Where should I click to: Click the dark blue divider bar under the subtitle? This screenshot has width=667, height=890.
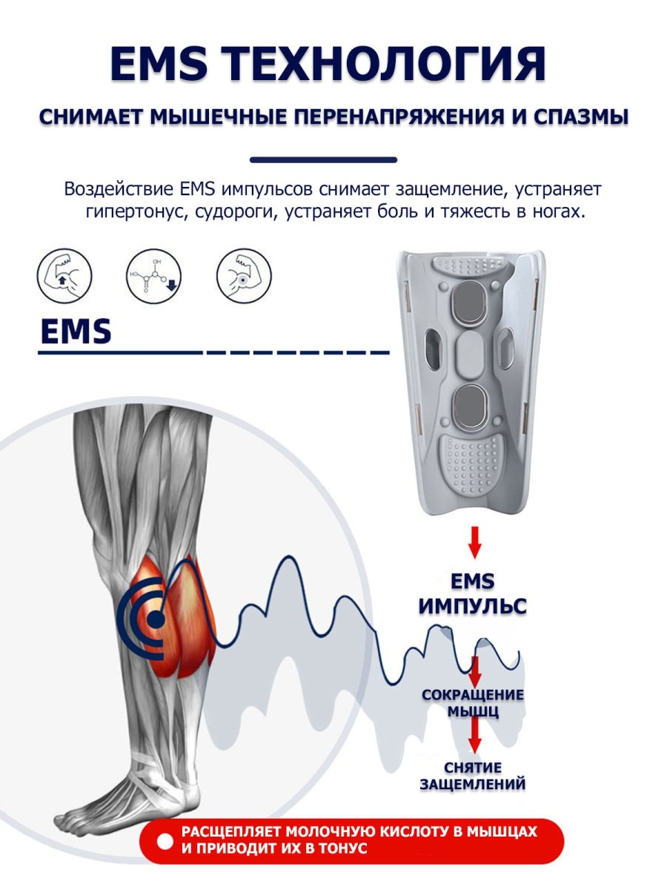point(323,159)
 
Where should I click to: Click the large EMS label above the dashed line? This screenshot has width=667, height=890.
point(75,332)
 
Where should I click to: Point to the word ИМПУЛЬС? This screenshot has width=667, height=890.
point(472,606)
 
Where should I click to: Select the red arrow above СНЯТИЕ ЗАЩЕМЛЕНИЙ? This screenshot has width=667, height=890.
point(475,737)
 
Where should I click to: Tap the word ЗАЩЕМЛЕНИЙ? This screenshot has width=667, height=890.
point(473,784)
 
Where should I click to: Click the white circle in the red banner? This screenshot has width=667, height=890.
point(165,841)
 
